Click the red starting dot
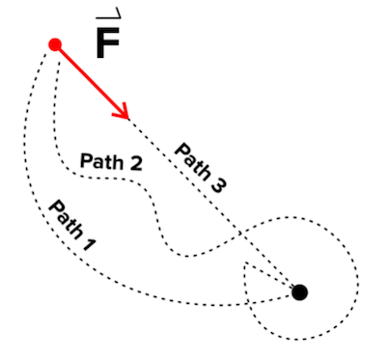(55, 44)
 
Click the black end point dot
(300, 291)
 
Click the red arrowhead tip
(128, 118)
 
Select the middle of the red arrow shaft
(93, 82)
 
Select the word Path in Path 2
(100, 161)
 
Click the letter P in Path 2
(85, 160)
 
